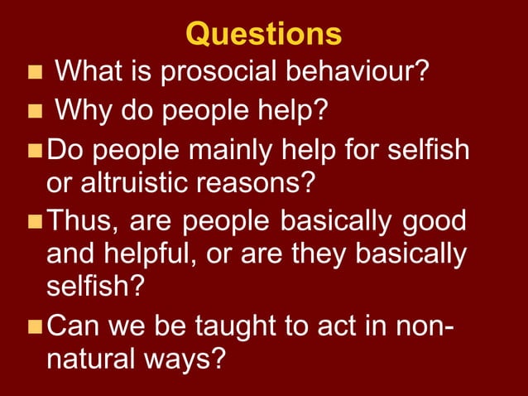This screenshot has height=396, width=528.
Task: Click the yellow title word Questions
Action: [x=263, y=34]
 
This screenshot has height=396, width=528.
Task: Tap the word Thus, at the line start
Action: [x=84, y=220]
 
